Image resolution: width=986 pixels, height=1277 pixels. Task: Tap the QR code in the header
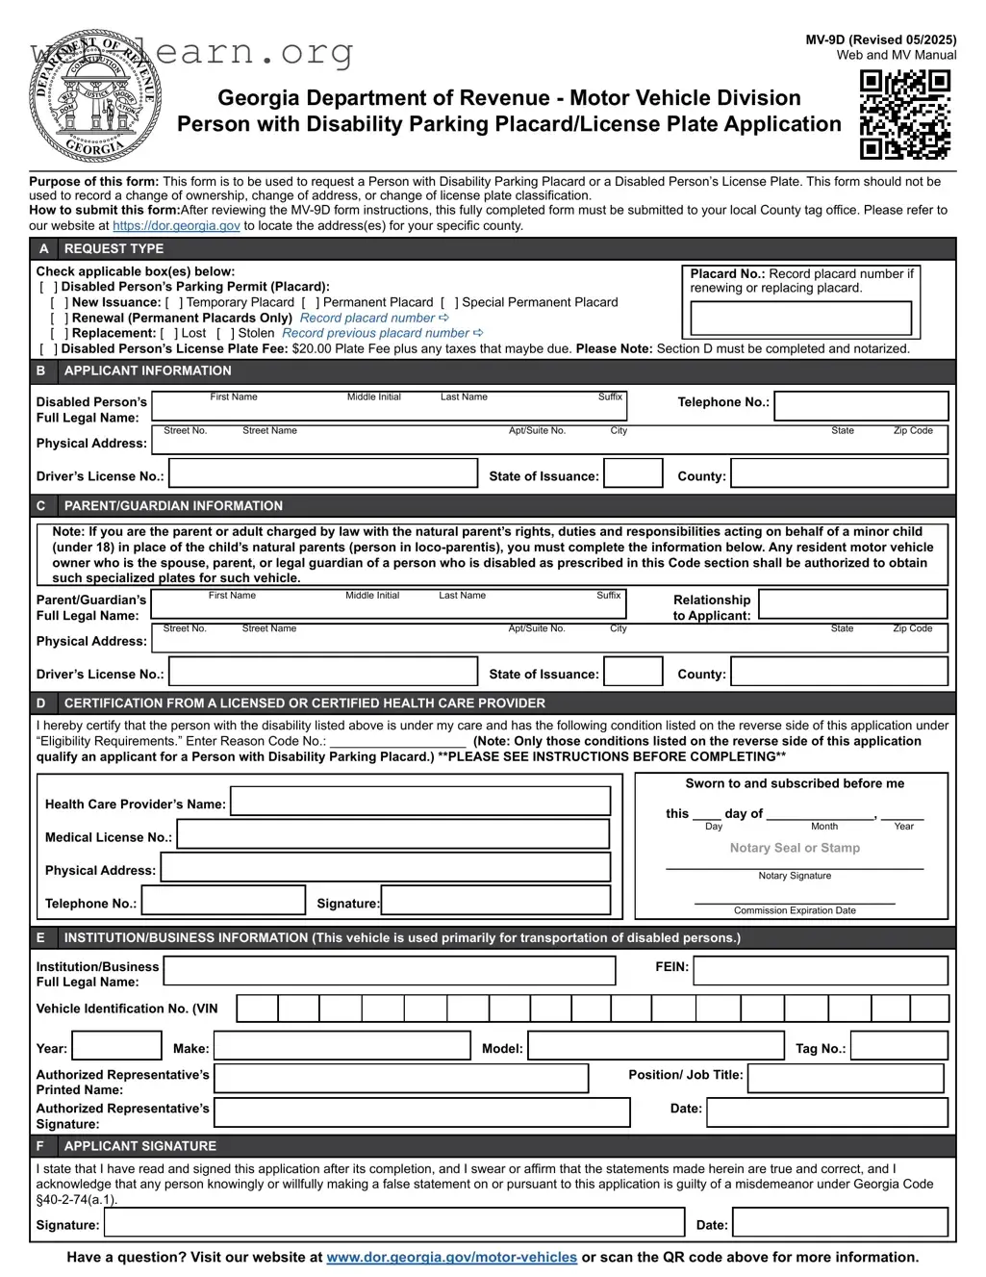pyautogui.click(x=904, y=115)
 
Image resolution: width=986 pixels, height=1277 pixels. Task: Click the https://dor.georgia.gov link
pyautogui.click(x=176, y=226)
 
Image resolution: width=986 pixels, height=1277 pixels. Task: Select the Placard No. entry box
pyautogui.click(x=800, y=318)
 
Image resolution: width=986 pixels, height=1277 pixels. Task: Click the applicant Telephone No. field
pyautogui.click(x=861, y=405)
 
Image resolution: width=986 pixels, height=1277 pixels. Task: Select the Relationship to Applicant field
pyautogui.click(x=852, y=604)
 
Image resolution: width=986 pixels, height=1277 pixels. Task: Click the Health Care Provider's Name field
pyautogui.click(x=420, y=801)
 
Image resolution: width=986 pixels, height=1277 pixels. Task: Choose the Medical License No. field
pyautogui.click(x=393, y=834)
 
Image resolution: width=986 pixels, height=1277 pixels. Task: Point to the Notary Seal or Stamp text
pyautogui.click(x=795, y=848)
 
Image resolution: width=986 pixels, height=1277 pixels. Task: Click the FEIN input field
pyautogui.click(x=820, y=970)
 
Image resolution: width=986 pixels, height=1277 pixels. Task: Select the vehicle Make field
pyautogui.click(x=341, y=1046)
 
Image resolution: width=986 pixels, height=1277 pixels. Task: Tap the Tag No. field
pyautogui.click(x=898, y=1046)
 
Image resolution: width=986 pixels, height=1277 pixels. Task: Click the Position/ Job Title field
pyautogui.click(x=846, y=1078)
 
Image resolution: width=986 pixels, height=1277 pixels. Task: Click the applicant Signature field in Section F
pyautogui.click(x=394, y=1222)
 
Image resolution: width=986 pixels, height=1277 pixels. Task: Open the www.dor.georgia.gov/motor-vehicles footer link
pyautogui.click(x=452, y=1257)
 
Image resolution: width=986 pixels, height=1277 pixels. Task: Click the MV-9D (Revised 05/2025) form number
pyautogui.click(x=880, y=39)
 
